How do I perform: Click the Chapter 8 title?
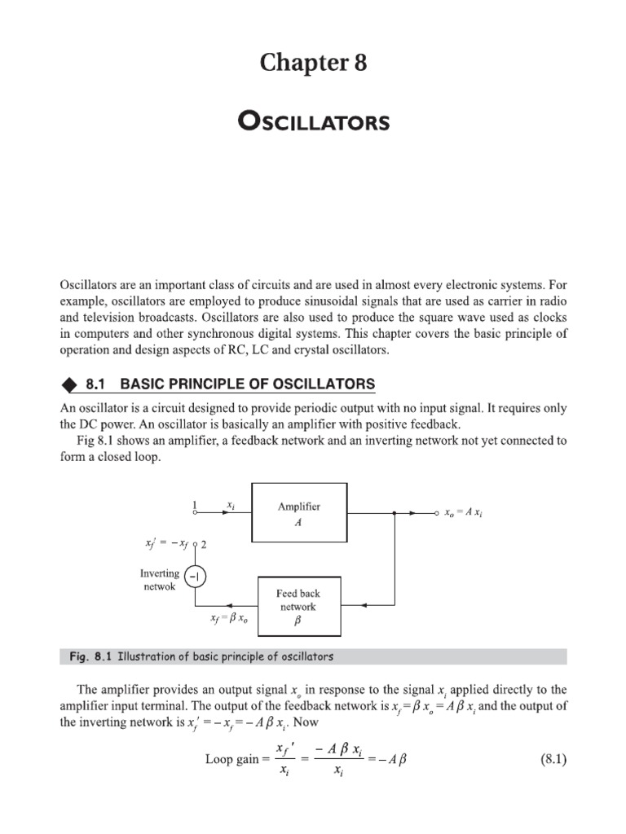[313, 62]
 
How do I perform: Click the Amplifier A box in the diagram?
[299, 513]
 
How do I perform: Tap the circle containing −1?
[196, 577]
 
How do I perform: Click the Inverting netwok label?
[159, 579]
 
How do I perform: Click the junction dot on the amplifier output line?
[394, 514]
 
